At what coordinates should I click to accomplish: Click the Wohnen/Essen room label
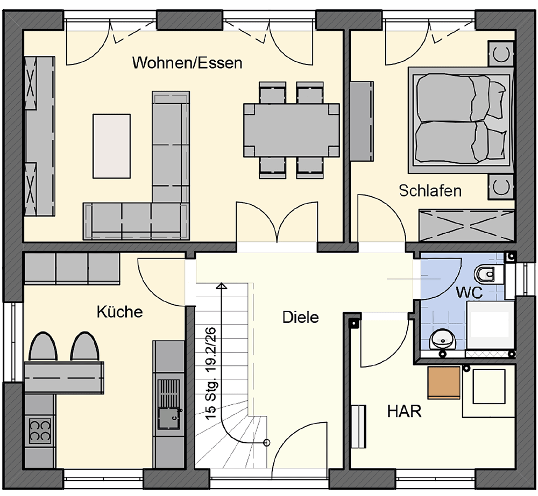187,63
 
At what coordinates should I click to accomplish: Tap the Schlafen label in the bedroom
430,191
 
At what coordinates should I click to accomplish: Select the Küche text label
120,312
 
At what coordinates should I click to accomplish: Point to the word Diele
300,318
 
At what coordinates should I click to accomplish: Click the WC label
469,293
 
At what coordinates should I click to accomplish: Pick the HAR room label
404,411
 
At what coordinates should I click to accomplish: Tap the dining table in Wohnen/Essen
291,130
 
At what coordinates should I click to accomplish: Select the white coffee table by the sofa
111,146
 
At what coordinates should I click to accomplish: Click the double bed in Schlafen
461,120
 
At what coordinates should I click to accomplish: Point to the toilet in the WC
489,274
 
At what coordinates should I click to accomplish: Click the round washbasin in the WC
442,340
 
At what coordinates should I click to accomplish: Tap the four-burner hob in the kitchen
40,430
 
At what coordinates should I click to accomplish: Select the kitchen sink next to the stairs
168,405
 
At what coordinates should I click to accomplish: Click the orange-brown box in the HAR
444,383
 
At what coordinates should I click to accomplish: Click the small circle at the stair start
266,442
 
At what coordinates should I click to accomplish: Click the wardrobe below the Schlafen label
466,225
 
